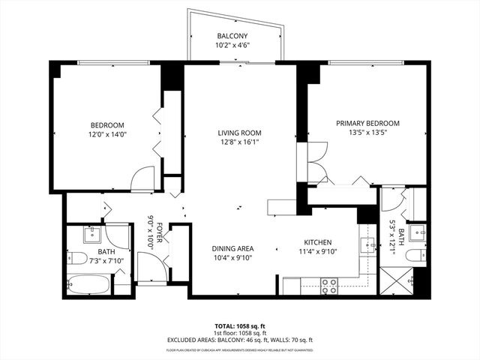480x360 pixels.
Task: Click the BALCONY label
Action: click(232, 36)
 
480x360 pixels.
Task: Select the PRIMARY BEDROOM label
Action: click(367, 123)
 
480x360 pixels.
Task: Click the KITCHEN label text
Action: click(317, 242)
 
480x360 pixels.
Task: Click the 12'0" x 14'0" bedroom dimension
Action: click(107, 134)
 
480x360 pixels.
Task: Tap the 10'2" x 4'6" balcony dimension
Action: click(232, 46)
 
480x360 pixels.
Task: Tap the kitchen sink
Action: click(367, 244)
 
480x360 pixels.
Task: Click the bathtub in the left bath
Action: click(88, 285)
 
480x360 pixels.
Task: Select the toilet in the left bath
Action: click(78, 259)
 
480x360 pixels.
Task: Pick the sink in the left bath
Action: click(88, 235)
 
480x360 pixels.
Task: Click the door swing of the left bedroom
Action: click(142, 180)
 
